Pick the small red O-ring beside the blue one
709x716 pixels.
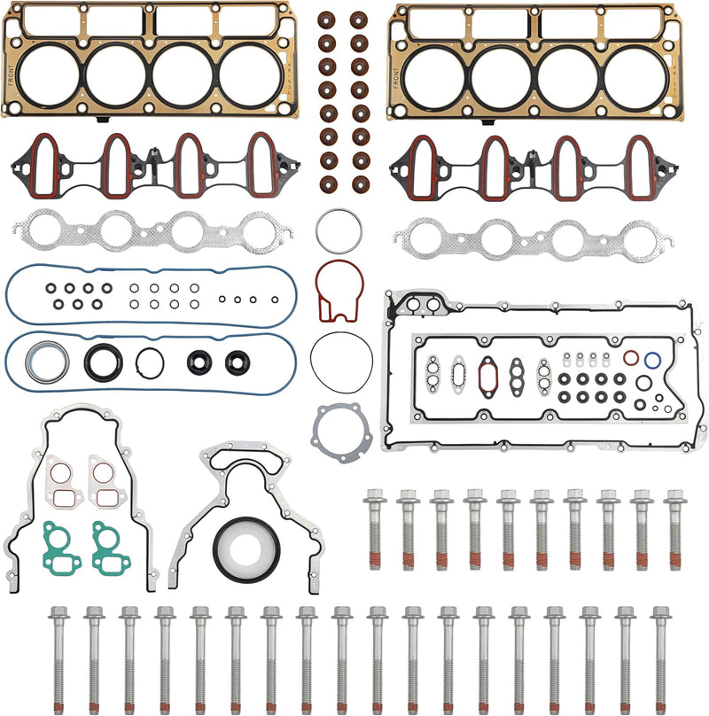pos(630,358)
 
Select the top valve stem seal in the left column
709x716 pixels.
pos(326,19)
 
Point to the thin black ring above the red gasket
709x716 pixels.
pos(338,231)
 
